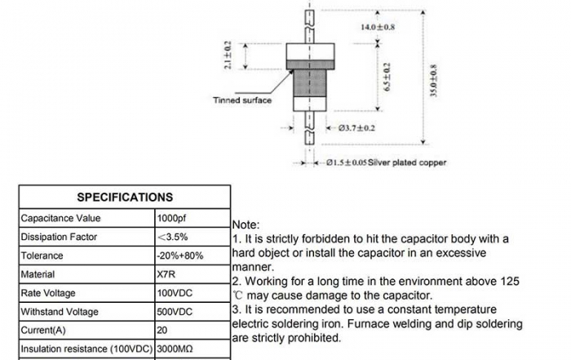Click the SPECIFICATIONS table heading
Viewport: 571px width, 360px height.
click(x=124, y=197)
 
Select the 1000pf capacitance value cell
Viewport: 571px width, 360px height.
click(x=170, y=218)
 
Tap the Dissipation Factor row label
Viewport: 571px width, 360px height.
click(x=59, y=237)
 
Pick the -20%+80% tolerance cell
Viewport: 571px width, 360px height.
click(x=180, y=256)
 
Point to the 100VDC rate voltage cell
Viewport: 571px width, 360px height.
click(x=174, y=293)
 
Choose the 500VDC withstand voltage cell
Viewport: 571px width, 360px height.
click(x=174, y=312)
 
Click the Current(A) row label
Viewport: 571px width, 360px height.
click(x=46, y=330)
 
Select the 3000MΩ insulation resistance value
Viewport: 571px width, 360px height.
click(x=175, y=349)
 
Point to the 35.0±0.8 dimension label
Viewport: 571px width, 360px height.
click(x=433, y=82)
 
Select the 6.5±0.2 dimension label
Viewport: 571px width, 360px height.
click(x=387, y=77)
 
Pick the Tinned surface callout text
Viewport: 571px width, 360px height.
click(x=242, y=100)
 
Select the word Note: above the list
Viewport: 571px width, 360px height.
click(x=246, y=224)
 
